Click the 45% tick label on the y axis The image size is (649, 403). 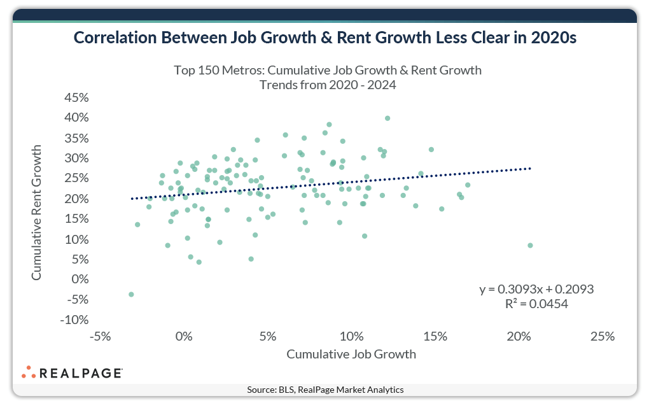(75, 97)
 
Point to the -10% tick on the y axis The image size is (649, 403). (74, 320)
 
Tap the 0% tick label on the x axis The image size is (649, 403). (183, 336)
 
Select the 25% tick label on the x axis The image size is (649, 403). (602, 336)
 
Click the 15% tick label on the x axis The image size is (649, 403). (435, 336)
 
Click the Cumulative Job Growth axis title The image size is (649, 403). (351, 354)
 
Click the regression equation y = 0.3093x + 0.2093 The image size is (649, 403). (536, 290)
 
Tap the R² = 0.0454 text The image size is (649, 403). (536, 304)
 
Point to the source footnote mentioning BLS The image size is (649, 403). (325, 390)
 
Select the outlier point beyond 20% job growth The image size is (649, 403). (530, 246)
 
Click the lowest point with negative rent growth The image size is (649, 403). (131, 294)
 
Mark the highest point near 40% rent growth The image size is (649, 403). (387, 118)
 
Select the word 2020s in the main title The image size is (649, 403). (551, 38)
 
